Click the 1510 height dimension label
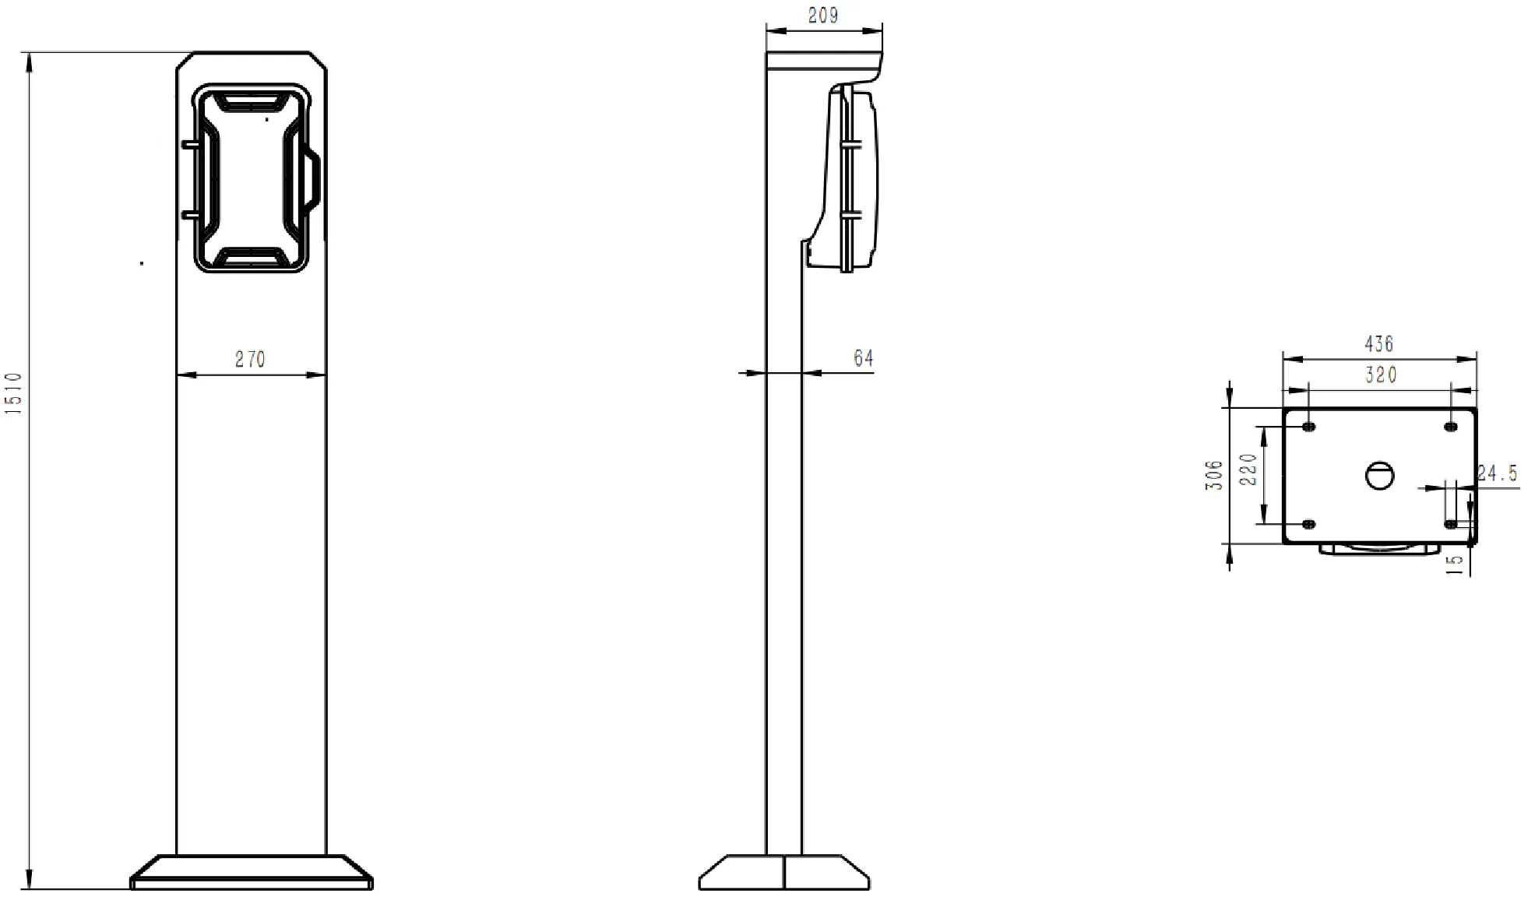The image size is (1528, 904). click(x=14, y=392)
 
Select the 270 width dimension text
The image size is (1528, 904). click(x=250, y=359)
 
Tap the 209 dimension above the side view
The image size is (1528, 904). click(x=822, y=16)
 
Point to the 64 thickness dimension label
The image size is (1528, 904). click(x=863, y=358)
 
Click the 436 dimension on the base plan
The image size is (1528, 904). click(x=1378, y=343)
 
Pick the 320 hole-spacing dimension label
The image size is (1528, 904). click(x=1380, y=375)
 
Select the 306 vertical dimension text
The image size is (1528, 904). click(x=1214, y=475)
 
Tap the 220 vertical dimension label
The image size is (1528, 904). click(x=1248, y=470)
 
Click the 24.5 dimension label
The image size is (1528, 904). click(x=1497, y=473)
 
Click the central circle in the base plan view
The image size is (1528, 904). click(x=1379, y=475)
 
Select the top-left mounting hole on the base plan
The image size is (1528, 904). click(x=1308, y=427)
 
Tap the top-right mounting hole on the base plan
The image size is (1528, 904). click(x=1450, y=427)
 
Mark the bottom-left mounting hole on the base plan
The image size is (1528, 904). click(x=1308, y=524)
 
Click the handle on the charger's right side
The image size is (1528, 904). click(x=313, y=179)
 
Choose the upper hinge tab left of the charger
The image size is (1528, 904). click(x=189, y=144)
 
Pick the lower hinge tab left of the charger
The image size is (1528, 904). click(x=189, y=213)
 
